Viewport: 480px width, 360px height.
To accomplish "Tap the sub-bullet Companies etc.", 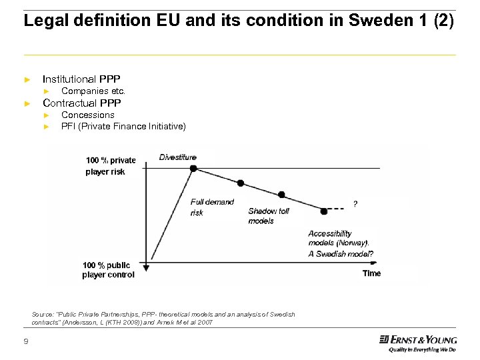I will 93,91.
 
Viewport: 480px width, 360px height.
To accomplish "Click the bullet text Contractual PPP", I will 81,103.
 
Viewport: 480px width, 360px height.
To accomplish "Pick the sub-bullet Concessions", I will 88,115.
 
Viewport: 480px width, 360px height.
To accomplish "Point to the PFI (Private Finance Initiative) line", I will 123,126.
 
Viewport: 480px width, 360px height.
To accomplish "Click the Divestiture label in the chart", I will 178,157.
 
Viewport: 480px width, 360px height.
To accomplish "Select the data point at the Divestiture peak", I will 193,169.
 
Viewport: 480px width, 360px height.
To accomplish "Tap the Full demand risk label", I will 212,207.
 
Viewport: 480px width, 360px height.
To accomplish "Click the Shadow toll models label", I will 269,216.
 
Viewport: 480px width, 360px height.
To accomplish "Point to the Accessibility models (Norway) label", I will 338,238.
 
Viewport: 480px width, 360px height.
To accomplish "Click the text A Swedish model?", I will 340,254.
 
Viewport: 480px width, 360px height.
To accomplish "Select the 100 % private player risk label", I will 110,166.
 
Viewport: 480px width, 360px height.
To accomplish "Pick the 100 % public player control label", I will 108,269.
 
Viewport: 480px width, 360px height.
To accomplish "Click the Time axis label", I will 371,273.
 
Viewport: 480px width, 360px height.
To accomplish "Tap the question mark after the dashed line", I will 355,204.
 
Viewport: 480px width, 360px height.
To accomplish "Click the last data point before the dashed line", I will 324,211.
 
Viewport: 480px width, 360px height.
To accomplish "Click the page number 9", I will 25,342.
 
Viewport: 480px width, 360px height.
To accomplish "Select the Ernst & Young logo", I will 417,343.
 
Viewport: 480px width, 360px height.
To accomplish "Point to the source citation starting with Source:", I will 163,318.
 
